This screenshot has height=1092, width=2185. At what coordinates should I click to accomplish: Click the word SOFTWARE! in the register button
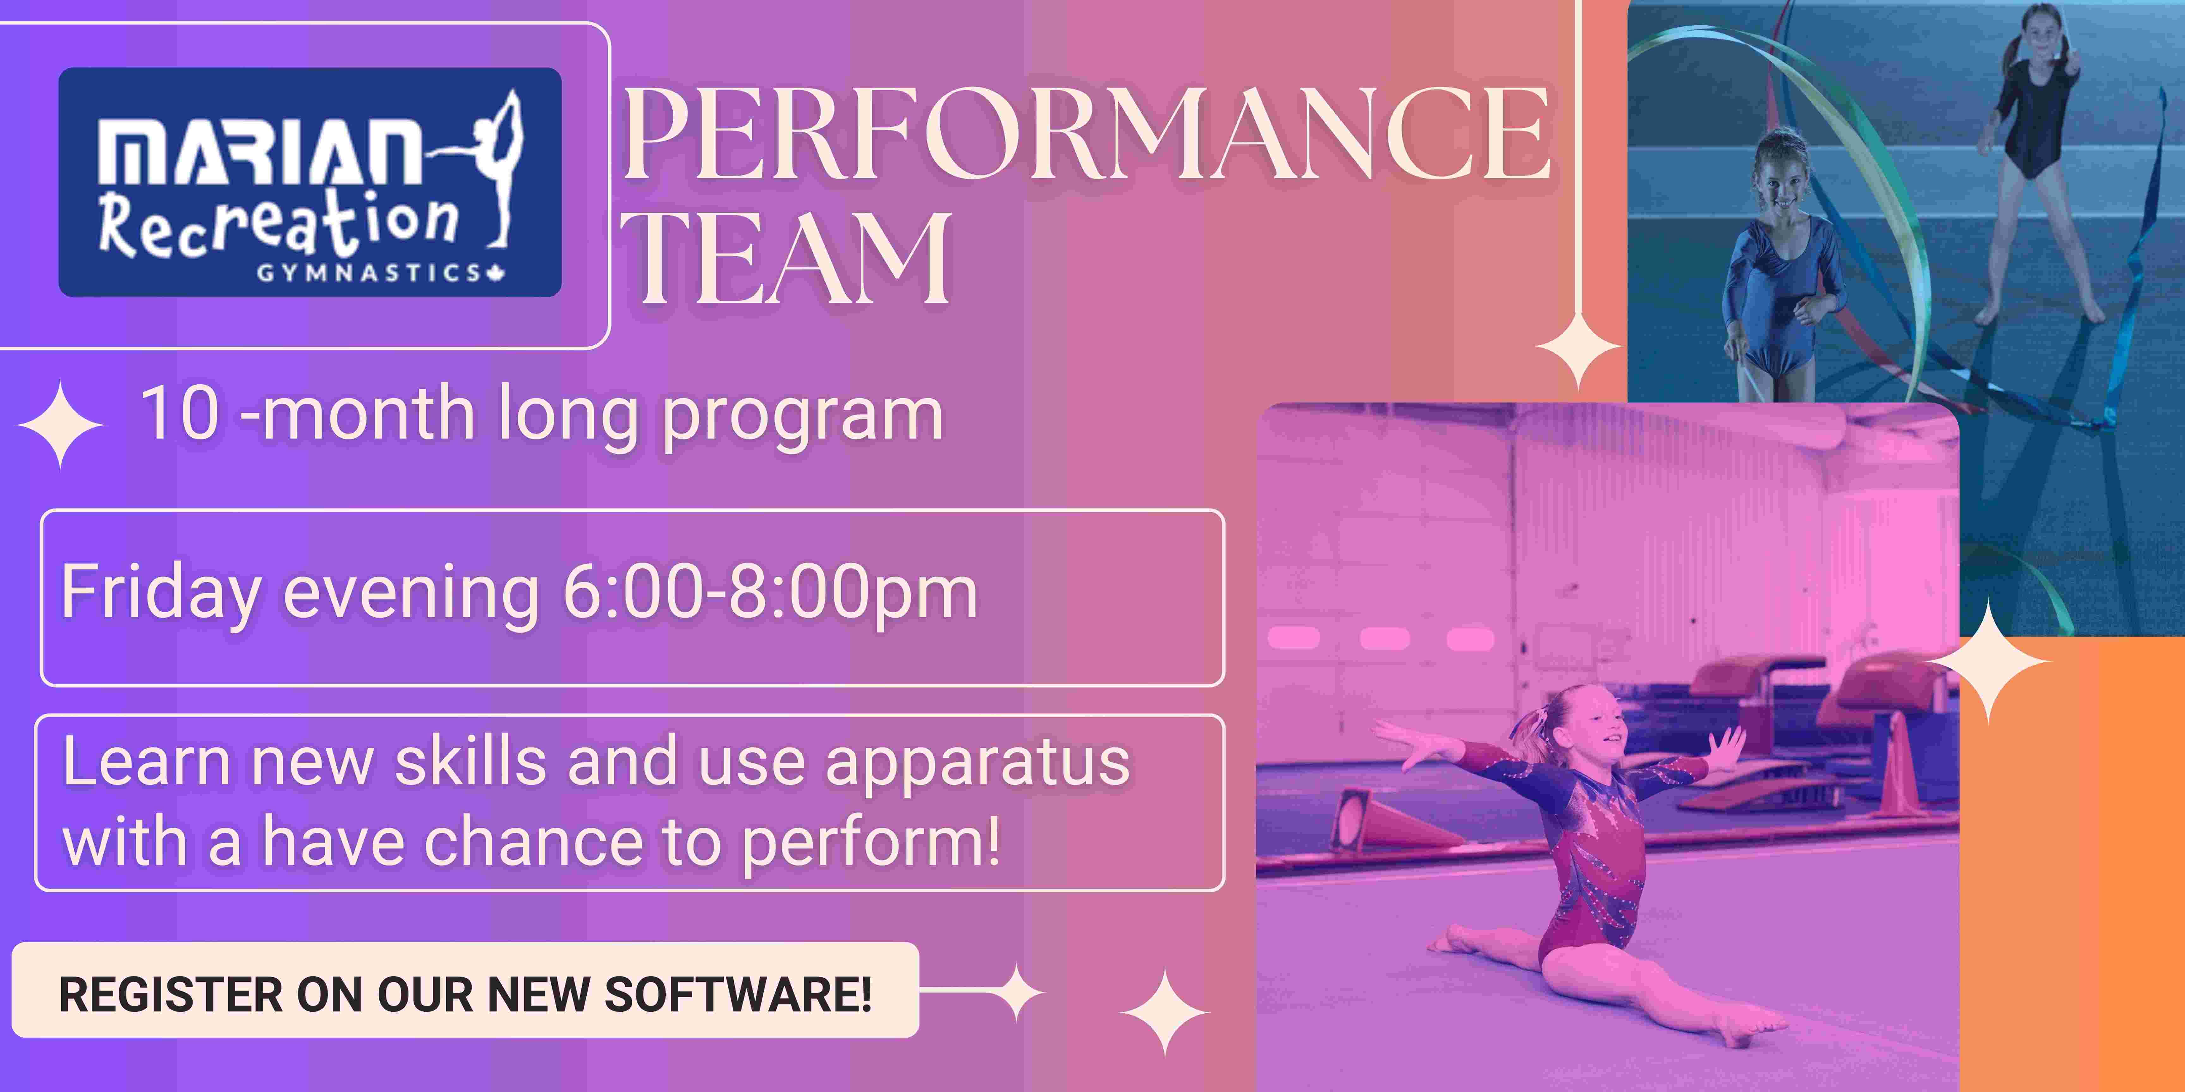(738, 994)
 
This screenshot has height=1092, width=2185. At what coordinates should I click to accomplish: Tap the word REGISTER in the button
(170, 994)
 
